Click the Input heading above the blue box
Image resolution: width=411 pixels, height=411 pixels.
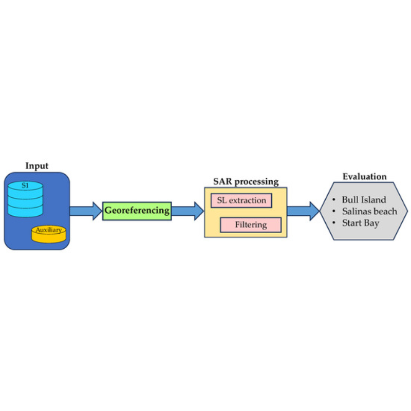[x=36, y=166]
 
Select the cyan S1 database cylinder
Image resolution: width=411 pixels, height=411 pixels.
[x=25, y=199]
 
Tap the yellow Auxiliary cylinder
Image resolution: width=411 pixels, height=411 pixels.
[x=49, y=234]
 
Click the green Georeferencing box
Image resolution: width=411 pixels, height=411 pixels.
[x=137, y=211]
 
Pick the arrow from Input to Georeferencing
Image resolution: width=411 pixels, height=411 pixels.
[x=86, y=211]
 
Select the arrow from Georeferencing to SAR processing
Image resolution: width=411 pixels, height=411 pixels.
[x=188, y=211]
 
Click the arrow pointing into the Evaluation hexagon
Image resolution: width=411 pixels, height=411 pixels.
[x=304, y=211]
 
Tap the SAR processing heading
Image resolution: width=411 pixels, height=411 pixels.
[x=246, y=181]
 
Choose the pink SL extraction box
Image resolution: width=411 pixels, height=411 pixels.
[x=241, y=200]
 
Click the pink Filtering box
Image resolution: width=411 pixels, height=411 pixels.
[x=251, y=225]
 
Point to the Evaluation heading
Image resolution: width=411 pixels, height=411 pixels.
[x=365, y=177]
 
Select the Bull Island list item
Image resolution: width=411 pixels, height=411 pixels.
[x=364, y=200]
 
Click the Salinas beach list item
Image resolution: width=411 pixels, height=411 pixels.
[x=369, y=211]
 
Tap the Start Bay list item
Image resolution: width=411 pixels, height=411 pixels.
[x=361, y=223]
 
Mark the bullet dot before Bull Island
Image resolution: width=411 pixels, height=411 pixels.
[x=333, y=200]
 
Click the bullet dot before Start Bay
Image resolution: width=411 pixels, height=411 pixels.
[x=333, y=223]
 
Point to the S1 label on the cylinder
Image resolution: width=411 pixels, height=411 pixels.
[x=25, y=185]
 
